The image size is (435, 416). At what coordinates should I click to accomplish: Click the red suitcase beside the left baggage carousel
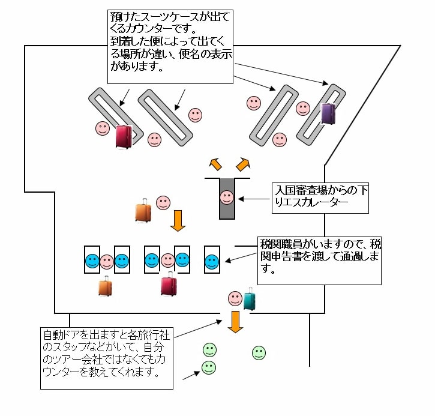click(x=124, y=137)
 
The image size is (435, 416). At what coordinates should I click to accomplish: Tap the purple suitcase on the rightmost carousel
click(x=328, y=113)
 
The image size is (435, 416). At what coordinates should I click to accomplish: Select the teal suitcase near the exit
click(x=249, y=299)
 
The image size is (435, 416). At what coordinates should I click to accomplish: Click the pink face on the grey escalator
click(x=226, y=196)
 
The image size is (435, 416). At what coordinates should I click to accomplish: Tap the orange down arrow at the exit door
click(x=235, y=321)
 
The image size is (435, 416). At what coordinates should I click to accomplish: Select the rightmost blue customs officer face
click(x=211, y=262)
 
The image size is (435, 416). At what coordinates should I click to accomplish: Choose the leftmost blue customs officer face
click(x=92, y=261)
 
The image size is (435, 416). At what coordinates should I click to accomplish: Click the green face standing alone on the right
click(x=259, y=353)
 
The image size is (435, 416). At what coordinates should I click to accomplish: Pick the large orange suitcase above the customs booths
click(x=143, y=211)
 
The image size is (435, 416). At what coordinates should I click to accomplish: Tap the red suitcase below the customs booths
click(x=169, y=285)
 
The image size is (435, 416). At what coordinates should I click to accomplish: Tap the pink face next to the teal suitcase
click(x=235, y=298)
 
